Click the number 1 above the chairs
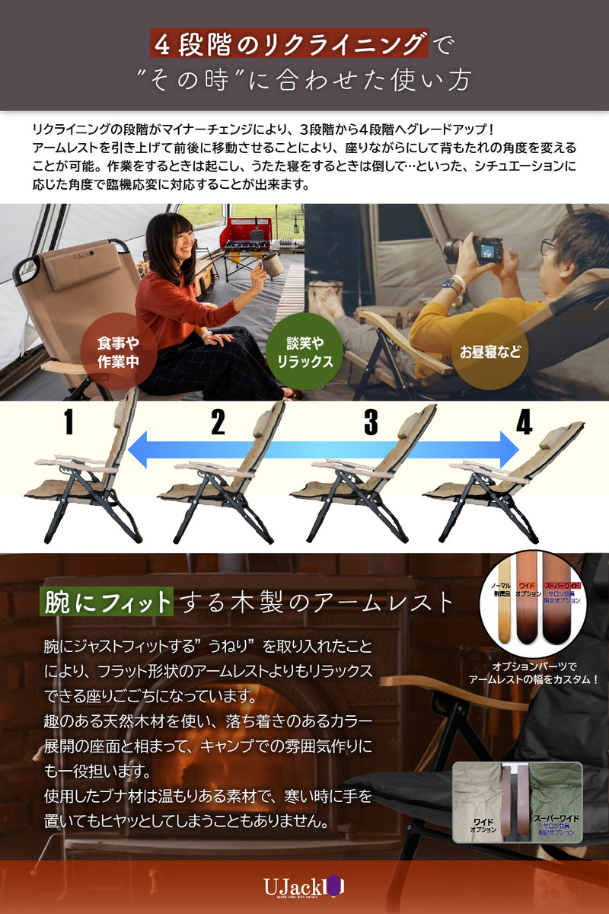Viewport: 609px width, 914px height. tap(69, 423)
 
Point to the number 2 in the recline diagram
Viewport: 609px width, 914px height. tap(218, 423)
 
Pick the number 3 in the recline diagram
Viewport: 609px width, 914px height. tap(371, 423)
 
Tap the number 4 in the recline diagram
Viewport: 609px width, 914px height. tap(524, 423)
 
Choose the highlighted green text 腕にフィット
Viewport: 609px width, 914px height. tap(108, 602)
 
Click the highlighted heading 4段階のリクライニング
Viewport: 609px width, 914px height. tap(289, 45)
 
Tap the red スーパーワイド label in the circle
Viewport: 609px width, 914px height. tap(562, 586)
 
